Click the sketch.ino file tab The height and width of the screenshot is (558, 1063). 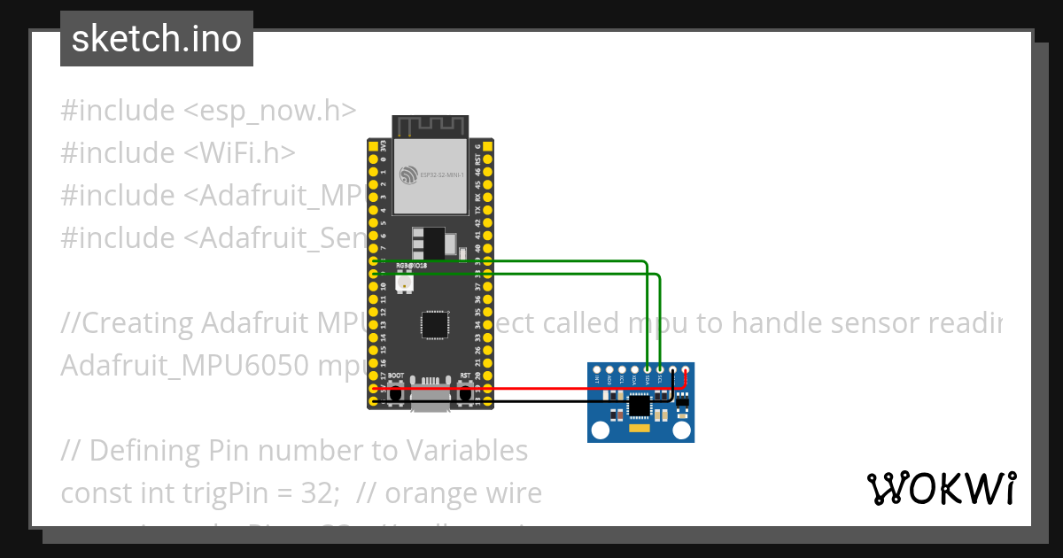point(157,40)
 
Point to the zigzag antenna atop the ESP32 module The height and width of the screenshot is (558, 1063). point(431,127)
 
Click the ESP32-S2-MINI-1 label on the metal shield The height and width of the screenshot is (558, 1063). point(432,175)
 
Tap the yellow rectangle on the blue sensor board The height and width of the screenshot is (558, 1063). point(638,429)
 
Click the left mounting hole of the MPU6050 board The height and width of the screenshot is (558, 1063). point(601,430)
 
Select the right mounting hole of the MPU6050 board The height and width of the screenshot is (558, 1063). point(681,430)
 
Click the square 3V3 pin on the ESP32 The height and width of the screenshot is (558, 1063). point(373,145)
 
